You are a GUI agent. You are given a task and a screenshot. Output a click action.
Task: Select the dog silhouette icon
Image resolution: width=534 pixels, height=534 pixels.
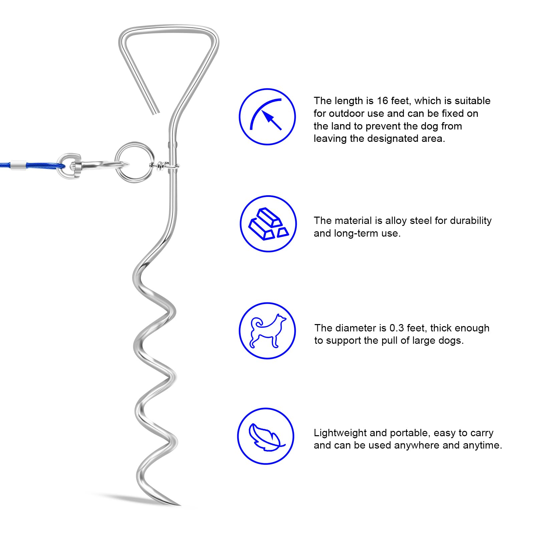[x=268, y=331]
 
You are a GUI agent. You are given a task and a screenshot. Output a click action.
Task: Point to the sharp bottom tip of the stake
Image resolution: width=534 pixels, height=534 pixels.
[x=180, y=505]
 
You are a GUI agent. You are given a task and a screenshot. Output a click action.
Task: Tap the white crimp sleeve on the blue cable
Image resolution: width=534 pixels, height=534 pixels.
[x=17, y=165]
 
